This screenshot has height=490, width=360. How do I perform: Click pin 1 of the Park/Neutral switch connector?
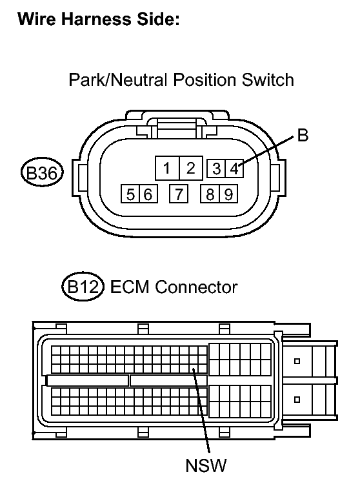pos(167,168)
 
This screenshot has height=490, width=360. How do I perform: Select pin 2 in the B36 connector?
pos(191,168)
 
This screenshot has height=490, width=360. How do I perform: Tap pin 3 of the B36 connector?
pos(216,168)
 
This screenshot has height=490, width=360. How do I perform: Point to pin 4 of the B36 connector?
pos(234,168)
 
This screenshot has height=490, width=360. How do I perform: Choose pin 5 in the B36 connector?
pos(130,194)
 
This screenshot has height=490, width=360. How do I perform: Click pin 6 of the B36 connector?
pos(148,194)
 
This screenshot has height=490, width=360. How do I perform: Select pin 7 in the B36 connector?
pos(179,194)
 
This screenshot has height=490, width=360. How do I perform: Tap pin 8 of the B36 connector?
pos(210,194)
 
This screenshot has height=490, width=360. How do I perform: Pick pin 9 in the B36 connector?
pos(228,194)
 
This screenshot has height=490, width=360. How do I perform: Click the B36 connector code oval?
pos(42,172)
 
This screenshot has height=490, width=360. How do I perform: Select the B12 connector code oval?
pos(83,286)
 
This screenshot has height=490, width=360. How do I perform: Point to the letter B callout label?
pos(303,136)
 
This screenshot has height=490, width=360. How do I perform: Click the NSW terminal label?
pos(206,465)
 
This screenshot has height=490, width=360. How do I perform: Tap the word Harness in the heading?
pos(96,19)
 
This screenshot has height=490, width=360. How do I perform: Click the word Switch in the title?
pos(268,79)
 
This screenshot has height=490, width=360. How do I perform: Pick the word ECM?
pos(130,287)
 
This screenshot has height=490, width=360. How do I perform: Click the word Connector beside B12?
pos(196,287)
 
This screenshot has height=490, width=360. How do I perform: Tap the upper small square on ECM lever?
pos(297,362)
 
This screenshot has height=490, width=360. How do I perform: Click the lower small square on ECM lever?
pos(297,400)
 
